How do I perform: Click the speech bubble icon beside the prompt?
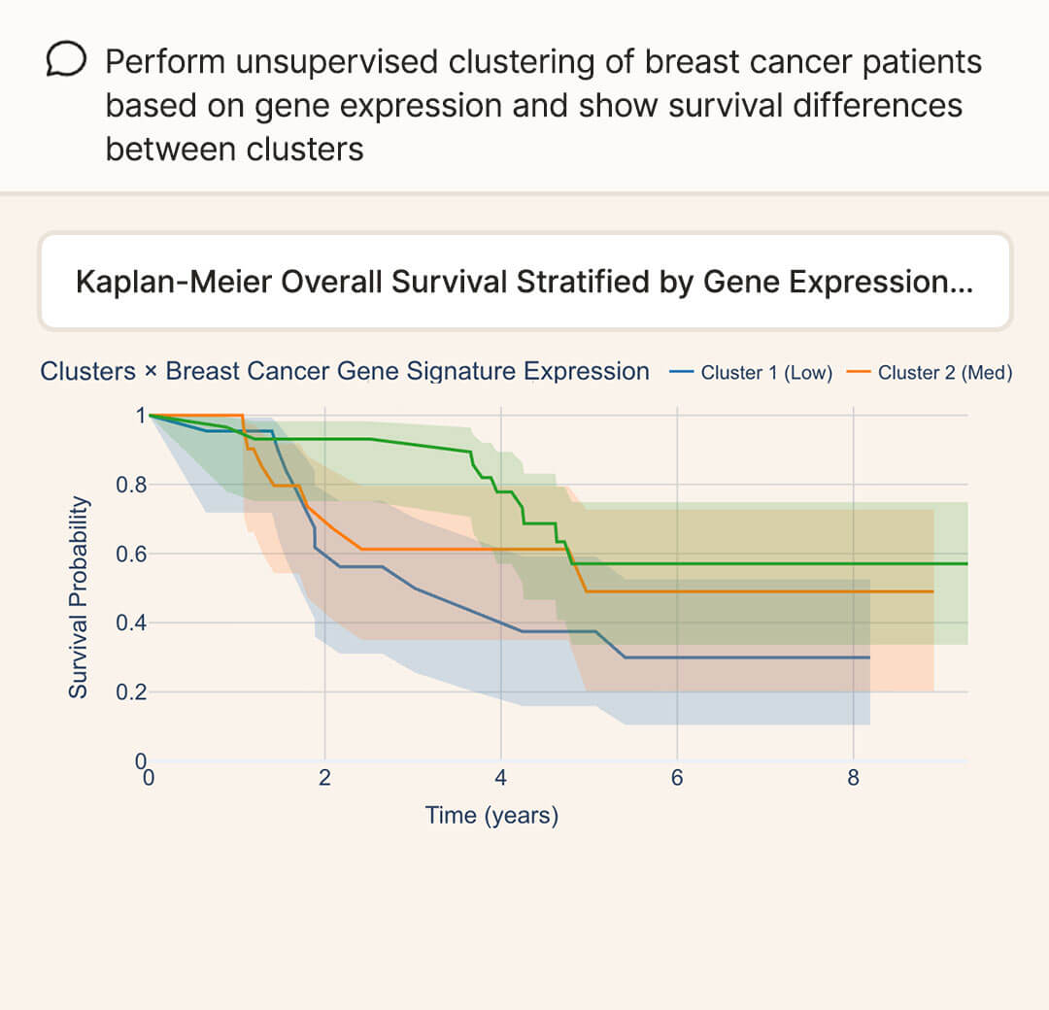point(67,62)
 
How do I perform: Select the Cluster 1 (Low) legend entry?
point(753,373)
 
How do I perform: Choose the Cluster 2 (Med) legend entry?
point(931,373)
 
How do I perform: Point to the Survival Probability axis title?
point(79,596)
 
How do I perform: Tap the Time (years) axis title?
point(491,815)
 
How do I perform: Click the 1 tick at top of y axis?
point(140,416)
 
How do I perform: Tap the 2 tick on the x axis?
point(324,778)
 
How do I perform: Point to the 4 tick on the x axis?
point(500,778)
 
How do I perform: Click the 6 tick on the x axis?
point(677,778)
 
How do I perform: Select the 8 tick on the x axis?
point(853,778)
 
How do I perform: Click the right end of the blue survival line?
point(868,657)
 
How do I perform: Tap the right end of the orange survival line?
point(932,591)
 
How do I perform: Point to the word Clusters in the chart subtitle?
point(87,371)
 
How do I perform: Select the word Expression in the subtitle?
point(586,371)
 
